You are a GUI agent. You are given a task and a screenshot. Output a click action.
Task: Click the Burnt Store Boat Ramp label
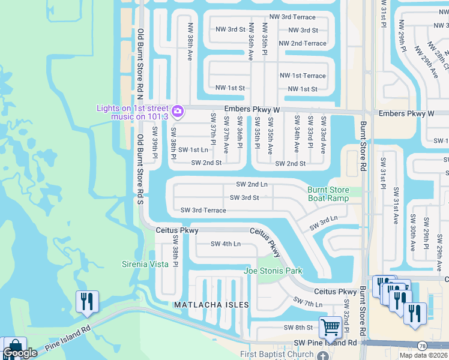point(328,194)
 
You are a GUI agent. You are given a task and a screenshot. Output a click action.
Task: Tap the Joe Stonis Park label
point(273,271)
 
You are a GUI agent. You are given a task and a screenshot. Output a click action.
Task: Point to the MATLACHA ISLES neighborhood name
point(211,305)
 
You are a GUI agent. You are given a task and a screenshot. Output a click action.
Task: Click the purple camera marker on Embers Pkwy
point(177,112)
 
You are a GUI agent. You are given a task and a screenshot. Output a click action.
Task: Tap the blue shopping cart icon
point(330,328)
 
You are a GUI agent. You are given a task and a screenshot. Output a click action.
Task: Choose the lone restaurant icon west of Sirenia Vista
point(87,302)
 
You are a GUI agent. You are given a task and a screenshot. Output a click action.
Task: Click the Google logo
point(20,353)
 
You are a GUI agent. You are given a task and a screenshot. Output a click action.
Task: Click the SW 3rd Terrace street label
point(203,211)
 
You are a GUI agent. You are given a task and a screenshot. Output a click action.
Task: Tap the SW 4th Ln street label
point(226,244)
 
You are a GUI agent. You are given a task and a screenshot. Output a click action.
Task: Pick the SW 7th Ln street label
point(307,302)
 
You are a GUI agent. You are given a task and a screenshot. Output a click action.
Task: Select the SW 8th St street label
point(298,327)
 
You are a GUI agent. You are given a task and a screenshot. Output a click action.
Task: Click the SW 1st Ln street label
point(193,149)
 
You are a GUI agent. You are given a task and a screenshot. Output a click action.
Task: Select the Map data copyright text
point(423,355)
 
